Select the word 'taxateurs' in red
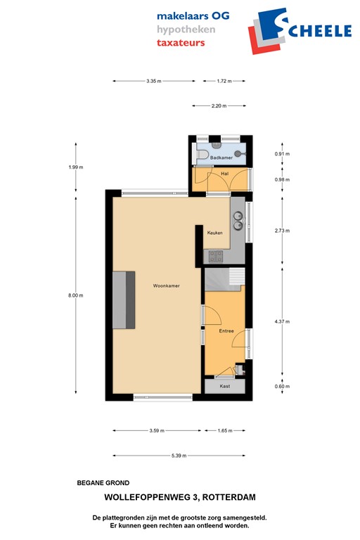coord(181,42)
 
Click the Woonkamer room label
coord(166,286)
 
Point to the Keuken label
coord(214,232)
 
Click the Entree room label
coord(226,330)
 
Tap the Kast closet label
coord(225,386)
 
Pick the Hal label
coord(224,173)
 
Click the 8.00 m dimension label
coord(76,295)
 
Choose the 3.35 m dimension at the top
coord(153,82)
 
